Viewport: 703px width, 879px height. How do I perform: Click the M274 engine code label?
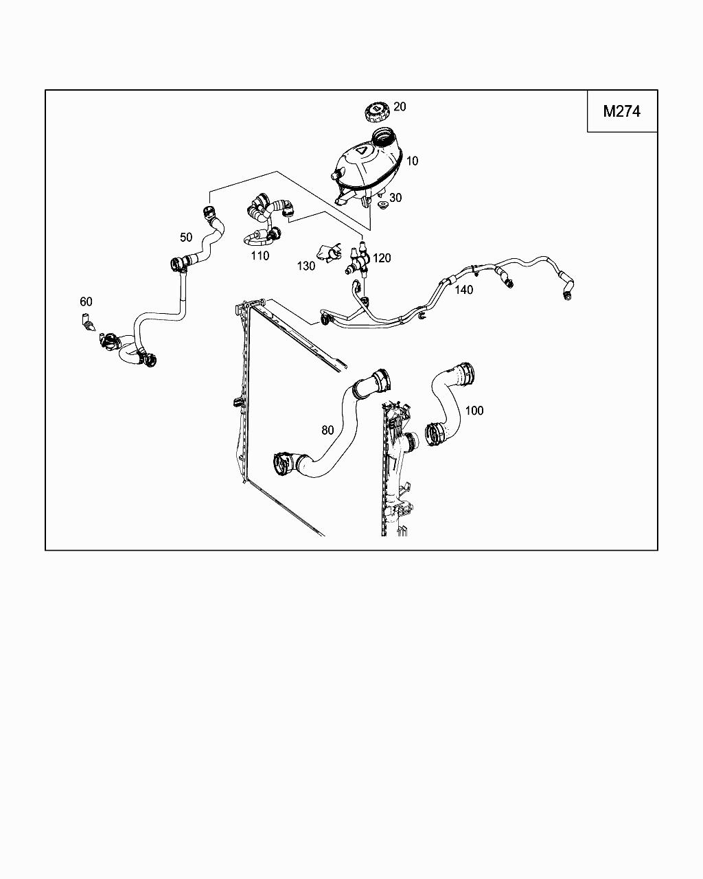(622, 111)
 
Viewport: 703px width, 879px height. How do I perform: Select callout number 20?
(400, 106)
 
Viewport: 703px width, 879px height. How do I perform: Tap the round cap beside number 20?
(376, 111)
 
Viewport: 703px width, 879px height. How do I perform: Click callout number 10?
(412, 161)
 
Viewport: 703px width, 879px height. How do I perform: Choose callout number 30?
(395, 198)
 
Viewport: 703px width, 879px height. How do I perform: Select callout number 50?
(186, 237)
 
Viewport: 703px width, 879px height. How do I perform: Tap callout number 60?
(86, 301)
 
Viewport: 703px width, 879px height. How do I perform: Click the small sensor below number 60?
(87, 321)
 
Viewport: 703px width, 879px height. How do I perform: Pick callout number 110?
(260, 255)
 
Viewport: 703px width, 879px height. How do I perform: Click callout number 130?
(306, 266)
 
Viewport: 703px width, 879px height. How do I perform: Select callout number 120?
(382, 258)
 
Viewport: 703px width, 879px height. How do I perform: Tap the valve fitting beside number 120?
(359, 262)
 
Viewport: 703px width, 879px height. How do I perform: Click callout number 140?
(464, 290)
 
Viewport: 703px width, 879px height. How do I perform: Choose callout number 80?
(327, 430)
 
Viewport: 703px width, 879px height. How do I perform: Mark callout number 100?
(474, 411)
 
